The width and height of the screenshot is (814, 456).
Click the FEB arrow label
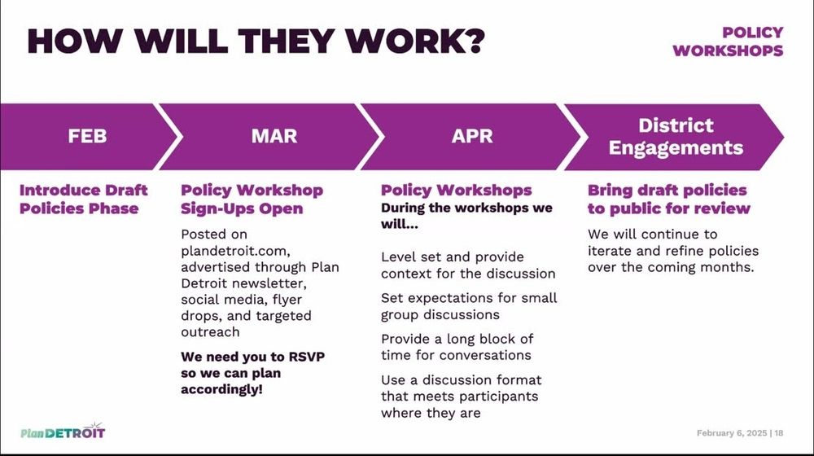pyautogui.click(x=87, y=136)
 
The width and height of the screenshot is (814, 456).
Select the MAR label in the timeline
pyautogui.click(x=274, y=136)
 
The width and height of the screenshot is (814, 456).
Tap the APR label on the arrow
pyautogui.click(x=472, y=136)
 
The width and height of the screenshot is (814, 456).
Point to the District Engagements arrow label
pyautogui.click(x=676, y=137)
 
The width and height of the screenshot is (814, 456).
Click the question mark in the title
pyautogui.click(x=472, y=41)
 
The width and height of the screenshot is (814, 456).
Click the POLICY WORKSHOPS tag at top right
pyautogui.click(x=728, y=42)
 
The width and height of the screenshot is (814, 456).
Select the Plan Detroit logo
pyautogui.click(x=63, y=431)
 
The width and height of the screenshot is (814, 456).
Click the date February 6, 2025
pyautogui.click(x=732, y=432)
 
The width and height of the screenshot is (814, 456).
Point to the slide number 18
pyautogui.click(x=779, y=432)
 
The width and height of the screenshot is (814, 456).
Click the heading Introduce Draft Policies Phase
pyautogui.click(x=84, y=199)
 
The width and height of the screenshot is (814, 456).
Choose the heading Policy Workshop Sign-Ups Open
pyautogui.click(x=252, y=199)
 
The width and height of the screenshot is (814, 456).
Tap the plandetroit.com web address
pyautogui.click(x=235, y=252)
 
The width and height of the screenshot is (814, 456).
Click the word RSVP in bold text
pyautogui.click(x=306, y=357)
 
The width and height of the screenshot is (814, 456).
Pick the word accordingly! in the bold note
pyautogui.click(x=221, y=389)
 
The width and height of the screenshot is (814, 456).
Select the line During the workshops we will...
pyautogui.click(x=466, y=216)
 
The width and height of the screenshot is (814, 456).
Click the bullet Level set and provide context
pyautogui.click(x=468, y=265)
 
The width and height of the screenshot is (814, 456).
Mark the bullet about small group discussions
pyautogui.click(x=469, y=306)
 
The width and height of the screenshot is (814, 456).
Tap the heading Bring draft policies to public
pyautogui.click(x=668, y=199)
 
